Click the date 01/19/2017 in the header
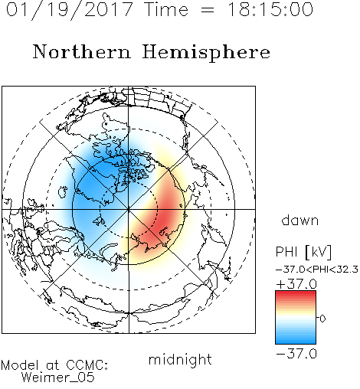click(69, 10)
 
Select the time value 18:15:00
click(270, 9)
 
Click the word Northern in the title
click(82, 52)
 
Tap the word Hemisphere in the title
click(206, 53)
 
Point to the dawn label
click(300, 220)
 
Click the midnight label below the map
click(180, 360)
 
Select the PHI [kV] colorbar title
click(303, 252)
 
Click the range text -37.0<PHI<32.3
click(317, 270)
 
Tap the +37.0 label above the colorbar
click(296, 284)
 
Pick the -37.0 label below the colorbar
click(296, 354)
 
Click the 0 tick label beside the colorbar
click(322, 319)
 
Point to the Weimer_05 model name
click(58, 378)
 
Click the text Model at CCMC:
click(54, 365)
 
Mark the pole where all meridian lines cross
click(129, 209)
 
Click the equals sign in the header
click(208, 10)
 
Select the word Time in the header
click(166, 10)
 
